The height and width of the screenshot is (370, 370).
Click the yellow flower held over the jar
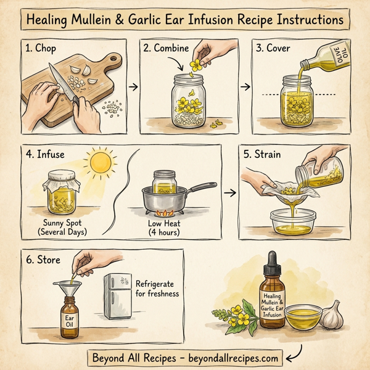(195, 64)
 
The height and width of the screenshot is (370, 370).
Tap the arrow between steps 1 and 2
(133, 87)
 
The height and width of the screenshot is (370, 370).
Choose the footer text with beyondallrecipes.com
(185, 357)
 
